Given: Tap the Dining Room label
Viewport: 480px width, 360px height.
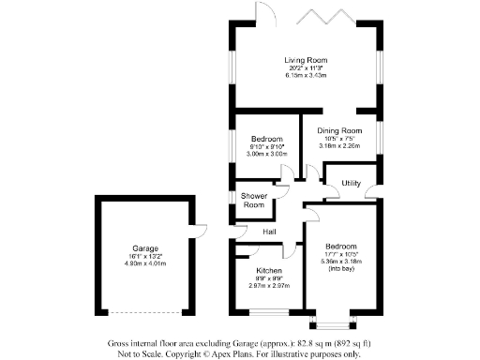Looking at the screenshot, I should (x=339, y=130).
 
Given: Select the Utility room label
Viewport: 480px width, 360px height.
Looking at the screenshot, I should (x=352, y=183).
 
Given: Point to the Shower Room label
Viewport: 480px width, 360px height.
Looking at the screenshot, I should (x=253, y=201).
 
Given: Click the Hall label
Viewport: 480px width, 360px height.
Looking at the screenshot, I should (x=268, y=232).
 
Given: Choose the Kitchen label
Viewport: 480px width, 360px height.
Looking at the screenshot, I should (x=269, y=270).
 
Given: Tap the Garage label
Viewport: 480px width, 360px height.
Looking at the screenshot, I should (x=144, y=249).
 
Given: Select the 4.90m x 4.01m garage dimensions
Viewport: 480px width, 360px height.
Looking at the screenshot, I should (x=144, y=264).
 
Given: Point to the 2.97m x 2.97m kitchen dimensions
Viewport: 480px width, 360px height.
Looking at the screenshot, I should (x=269, y=285).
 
